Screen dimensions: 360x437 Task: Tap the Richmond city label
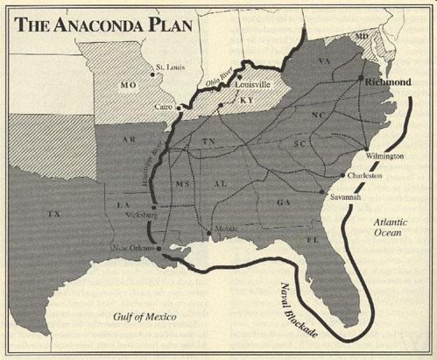tap(388, 81)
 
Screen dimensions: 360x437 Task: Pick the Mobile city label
tap(226, 230)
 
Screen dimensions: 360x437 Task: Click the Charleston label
tap(365, 176)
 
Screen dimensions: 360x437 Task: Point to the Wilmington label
tap(384, 156)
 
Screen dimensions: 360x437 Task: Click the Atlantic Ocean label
tap(384, 228)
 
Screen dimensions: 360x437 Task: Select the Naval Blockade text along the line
tap(295, 307)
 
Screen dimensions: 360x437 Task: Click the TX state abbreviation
tap(54, 213)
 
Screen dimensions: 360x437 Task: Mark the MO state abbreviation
tap(127, 86)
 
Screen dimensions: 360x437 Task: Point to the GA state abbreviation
tap(283, 201)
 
